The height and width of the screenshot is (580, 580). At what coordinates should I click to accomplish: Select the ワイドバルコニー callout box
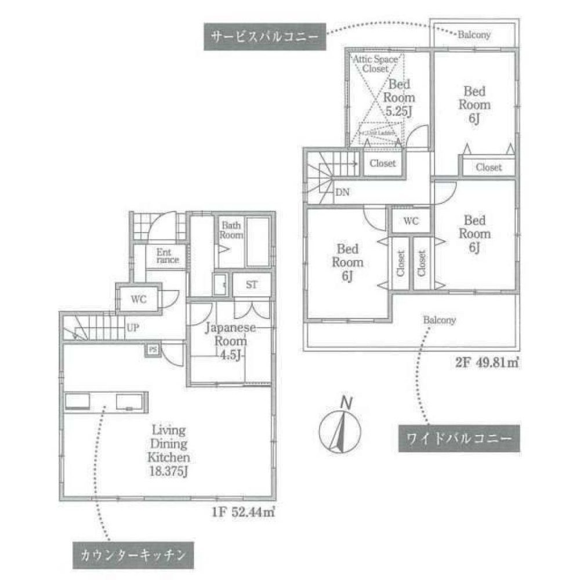coord(458,438)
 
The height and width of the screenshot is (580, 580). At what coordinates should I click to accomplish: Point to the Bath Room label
coord(230,231)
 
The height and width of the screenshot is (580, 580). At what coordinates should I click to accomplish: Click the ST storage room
coord(251,285)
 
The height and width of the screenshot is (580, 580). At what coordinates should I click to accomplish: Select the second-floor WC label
coord(411,221)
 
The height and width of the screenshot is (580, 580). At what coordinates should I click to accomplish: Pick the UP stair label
coord(133,328)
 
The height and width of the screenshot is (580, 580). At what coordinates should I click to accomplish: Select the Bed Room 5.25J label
coord(400,97)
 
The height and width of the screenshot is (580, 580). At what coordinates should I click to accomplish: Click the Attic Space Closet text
coord(375,64)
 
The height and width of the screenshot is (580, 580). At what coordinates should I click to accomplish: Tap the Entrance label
coord(166,256)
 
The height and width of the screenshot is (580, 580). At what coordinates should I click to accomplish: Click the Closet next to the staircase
coord(382,164)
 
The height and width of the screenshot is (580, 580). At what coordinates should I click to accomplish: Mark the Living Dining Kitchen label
coord(168,444)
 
